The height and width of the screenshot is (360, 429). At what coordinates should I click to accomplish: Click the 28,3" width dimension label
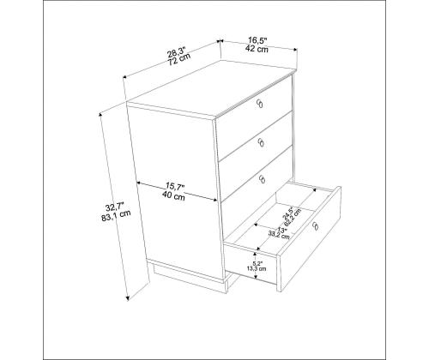click(176, 51)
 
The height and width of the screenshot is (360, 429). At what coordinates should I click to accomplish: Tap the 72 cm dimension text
click(178, 60)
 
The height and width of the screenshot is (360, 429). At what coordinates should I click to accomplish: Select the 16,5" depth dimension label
click(257, 40)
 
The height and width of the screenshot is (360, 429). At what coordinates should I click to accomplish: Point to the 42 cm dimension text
click(257, 49)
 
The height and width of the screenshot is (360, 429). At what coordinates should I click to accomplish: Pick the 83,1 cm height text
click(116, 217)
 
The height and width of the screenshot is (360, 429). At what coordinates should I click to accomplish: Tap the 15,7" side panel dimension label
click(175, 187)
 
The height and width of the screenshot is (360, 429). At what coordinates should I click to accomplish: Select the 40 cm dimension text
click(173, 196)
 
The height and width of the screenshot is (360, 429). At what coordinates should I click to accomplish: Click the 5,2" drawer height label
click(257, 263)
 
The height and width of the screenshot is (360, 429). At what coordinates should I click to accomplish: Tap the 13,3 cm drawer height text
click(257, 268)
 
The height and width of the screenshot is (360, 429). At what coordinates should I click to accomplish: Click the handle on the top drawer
click(260, 104)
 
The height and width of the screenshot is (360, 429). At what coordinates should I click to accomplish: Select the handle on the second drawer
click(261, 142)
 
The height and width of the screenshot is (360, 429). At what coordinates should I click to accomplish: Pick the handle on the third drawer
click(263, 179)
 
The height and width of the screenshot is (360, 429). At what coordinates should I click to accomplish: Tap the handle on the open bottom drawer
click(316, 226)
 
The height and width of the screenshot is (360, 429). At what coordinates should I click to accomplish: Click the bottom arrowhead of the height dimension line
click(128, 298)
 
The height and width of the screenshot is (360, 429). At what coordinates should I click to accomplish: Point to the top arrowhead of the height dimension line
click(100, 115)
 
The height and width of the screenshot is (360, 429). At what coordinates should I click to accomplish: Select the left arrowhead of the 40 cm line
click(139, 183)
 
